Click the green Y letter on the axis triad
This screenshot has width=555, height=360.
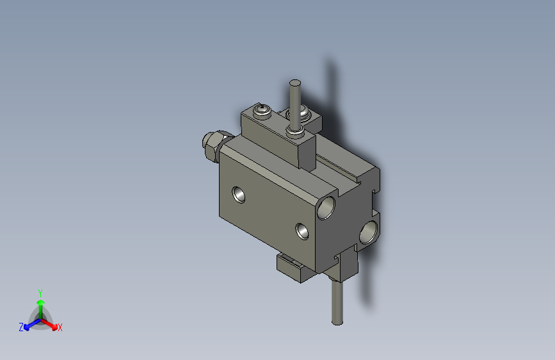tap(40, 292)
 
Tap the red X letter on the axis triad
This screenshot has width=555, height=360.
tap(60, 328)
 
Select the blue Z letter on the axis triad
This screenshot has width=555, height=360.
tap(21, 327)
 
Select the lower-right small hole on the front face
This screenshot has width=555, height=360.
tap(303, 231)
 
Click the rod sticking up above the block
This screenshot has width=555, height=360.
tap(294, 99)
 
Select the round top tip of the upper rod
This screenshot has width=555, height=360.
tap(294, 83)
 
